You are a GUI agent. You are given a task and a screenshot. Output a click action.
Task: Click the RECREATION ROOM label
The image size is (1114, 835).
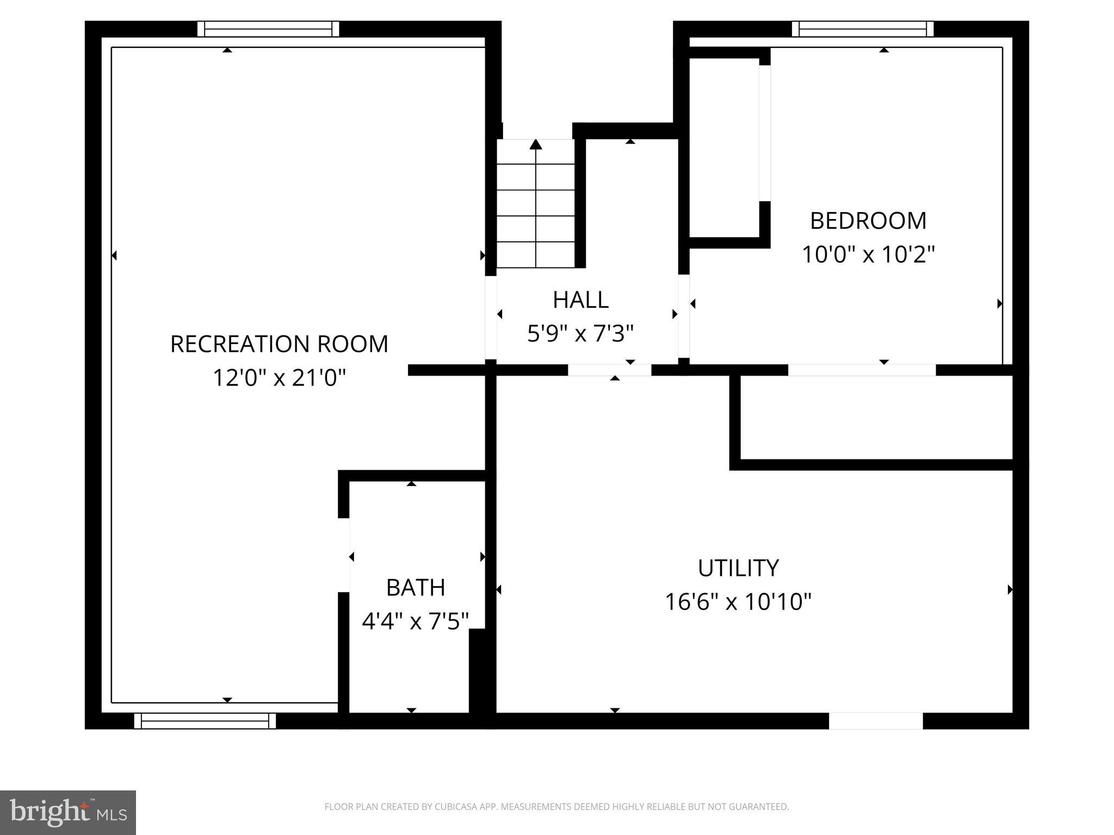(x=279, y=344)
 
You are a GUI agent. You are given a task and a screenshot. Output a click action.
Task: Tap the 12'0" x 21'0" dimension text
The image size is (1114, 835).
(x=279, y=378)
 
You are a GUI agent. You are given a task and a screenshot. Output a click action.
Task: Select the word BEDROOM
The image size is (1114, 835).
(x=868, y=221)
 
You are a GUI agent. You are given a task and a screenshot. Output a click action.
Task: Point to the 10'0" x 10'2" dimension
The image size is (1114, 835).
(x=868, y=254)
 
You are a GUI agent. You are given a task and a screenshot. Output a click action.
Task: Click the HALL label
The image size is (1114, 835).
(x=580, y=300)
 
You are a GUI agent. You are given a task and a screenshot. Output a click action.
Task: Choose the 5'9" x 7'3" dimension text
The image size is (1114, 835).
(x=580, y=334)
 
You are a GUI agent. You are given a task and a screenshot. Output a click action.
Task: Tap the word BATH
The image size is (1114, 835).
(x=416, y=588)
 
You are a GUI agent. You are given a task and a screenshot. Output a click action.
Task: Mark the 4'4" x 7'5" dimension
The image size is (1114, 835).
(x=416, y=621)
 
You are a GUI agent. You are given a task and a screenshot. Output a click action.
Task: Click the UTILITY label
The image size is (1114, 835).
(x=738, y=568)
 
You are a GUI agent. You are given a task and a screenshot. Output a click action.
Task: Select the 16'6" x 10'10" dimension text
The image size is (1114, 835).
(x=738, y=602)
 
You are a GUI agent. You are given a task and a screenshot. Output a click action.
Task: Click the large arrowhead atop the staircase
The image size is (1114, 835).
(x=536, y=144)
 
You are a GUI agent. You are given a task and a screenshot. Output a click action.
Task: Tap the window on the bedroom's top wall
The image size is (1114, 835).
(x=863, y=29)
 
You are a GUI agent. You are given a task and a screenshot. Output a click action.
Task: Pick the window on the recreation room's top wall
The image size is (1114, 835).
(x=268, y=29)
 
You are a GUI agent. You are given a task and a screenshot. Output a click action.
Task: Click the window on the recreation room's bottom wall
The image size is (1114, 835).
(x=205, y=721)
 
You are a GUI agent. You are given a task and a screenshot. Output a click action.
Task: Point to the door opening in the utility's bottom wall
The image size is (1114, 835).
(x=875, y=721)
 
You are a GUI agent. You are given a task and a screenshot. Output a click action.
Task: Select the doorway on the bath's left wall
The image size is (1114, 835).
(x=344, y=555)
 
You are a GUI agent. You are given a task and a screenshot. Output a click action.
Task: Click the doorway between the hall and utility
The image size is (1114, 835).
(x=609, y=370)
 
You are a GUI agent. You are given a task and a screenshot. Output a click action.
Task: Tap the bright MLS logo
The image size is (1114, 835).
(x=68, y=812)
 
